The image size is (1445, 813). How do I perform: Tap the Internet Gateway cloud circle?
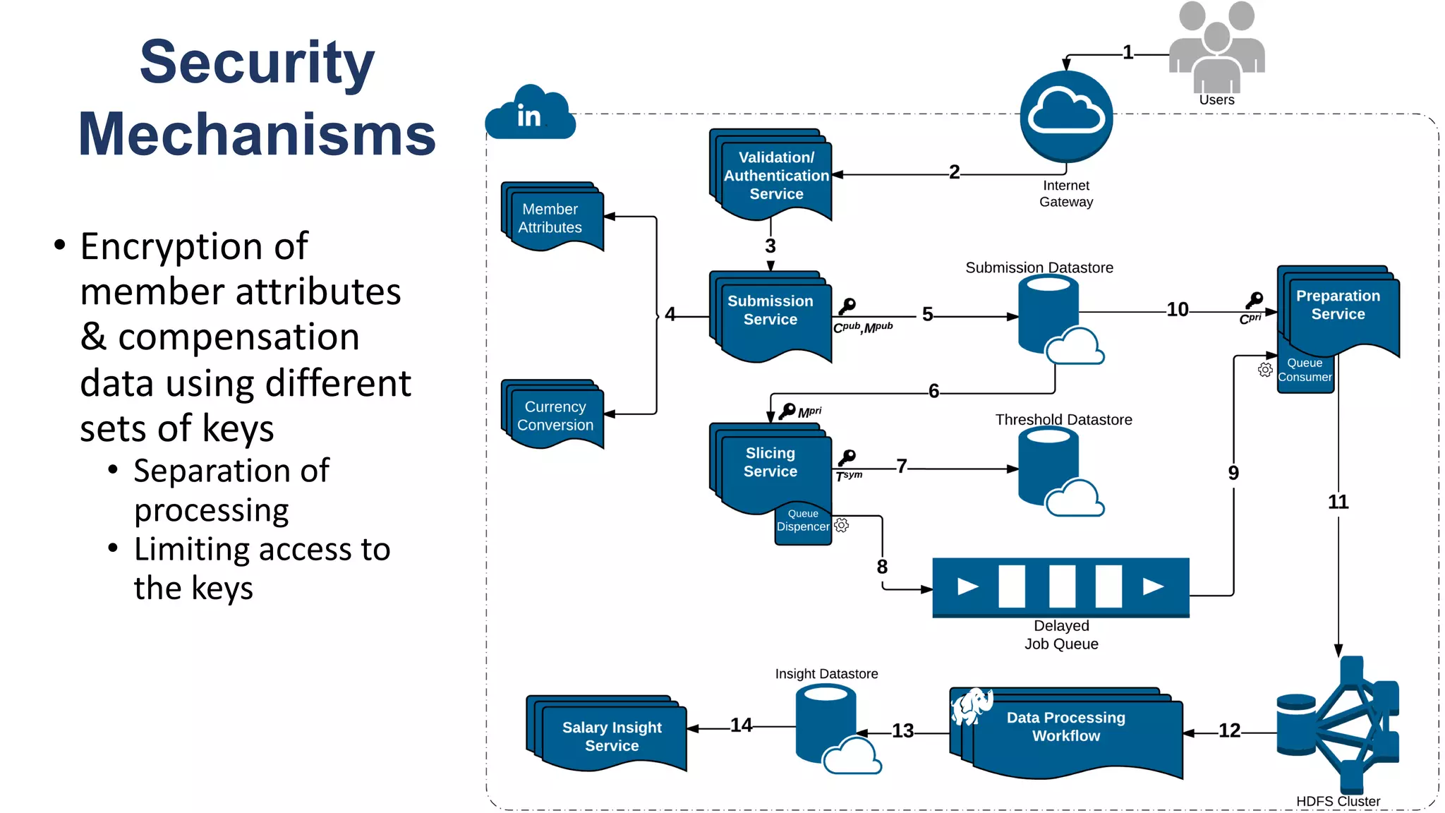(x=1066, y=116)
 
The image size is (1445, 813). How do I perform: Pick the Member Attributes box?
(x=552, y=218)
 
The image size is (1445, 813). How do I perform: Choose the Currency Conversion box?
(x=554, y=416)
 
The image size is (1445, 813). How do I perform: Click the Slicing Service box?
(x=770, y=466)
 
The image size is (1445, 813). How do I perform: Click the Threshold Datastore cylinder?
(x=1049, y=466)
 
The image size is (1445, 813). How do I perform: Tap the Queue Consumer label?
(x=1305, y=371)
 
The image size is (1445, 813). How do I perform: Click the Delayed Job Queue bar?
(x=1060, y=587)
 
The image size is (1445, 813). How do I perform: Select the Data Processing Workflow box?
(x=1067, y=730)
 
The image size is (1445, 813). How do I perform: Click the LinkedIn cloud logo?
(x=530, y=114)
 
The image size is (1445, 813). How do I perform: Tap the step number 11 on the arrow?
(x=1338, y=502)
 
